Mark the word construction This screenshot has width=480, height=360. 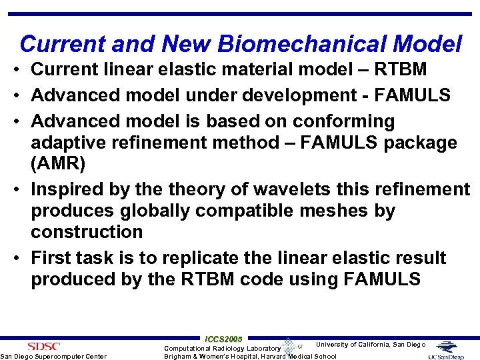pos(87,232)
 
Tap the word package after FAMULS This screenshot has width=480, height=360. pos(417,143)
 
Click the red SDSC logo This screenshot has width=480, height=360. pos(44,346)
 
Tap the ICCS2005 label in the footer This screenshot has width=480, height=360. pos(223,339)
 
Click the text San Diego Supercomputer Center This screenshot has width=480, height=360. pos(53,356)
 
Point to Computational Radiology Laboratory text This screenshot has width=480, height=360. pos(222,348)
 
